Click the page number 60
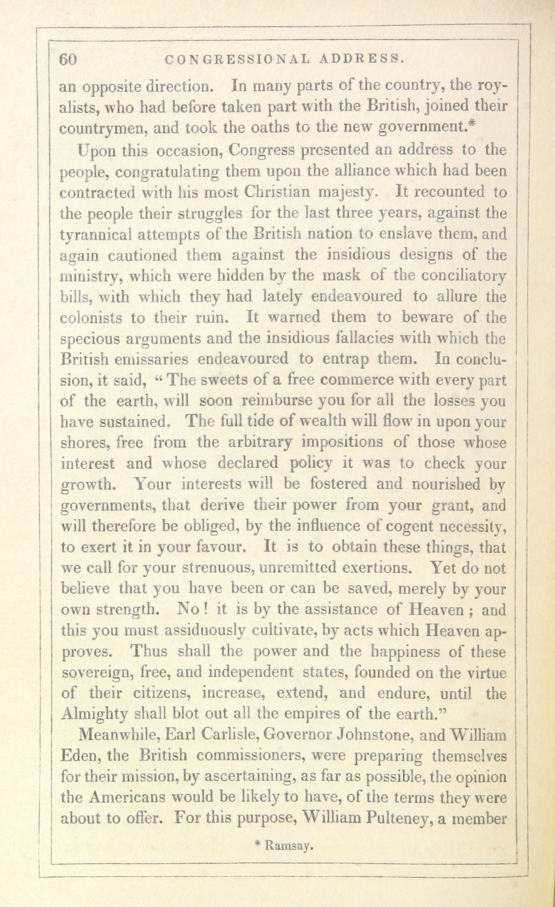click(68, 59)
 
